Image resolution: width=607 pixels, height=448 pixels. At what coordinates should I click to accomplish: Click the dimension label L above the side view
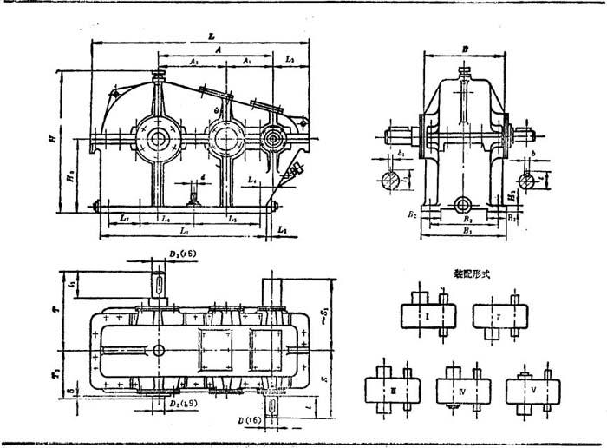(x=211, y=37)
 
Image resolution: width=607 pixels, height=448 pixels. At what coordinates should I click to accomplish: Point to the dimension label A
(x=220, y=51)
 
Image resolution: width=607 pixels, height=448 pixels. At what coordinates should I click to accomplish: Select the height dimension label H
(x=53, y=137)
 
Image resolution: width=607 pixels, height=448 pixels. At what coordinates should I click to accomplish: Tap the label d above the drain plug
(x=202, y=178)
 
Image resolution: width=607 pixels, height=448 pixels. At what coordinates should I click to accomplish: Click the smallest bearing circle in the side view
(x=275, y=138)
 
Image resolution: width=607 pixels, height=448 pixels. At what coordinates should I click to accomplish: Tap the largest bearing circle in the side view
(x=160, y=139)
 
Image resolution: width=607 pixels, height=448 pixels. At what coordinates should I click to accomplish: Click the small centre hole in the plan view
(x=160, y=348)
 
